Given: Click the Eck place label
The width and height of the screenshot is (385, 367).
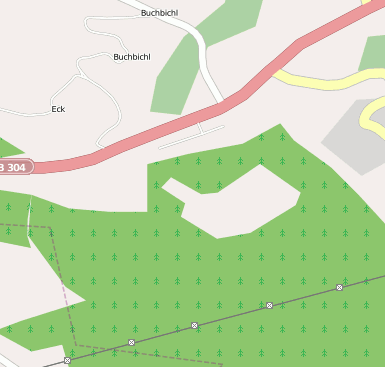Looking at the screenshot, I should point(57,108).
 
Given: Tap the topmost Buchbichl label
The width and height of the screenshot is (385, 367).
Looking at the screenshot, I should point(159,13).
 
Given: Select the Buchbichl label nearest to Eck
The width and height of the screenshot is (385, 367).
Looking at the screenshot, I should point(131,57).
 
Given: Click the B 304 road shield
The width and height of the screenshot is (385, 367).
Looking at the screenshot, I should point(14,166).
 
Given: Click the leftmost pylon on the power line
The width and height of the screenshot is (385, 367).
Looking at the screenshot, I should point(67,360).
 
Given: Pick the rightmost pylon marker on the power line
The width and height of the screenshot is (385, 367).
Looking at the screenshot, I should point(339,287).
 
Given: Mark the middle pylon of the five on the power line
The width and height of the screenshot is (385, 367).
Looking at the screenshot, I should point(195,326).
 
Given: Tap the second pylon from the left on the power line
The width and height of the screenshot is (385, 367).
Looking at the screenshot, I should point(131,343).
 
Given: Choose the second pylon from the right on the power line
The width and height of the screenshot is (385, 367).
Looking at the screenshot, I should point(269,305).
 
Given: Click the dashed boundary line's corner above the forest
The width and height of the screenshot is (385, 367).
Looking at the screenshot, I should point(49,227).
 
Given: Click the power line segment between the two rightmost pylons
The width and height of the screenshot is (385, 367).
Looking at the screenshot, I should point(304,296).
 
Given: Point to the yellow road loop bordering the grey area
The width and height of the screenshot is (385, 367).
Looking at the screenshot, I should point(372,115).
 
